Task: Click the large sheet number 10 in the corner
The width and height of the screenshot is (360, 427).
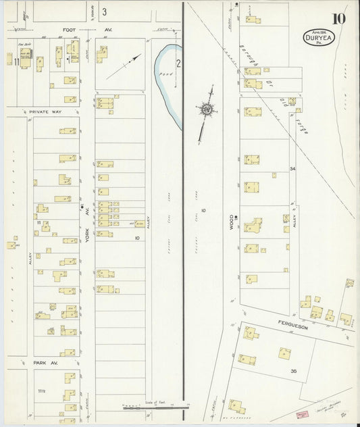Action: [338, 18]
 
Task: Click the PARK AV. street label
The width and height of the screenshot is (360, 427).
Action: [46, 363]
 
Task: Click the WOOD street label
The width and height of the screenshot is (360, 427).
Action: [230, 222]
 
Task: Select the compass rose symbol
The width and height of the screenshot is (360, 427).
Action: [207, 108]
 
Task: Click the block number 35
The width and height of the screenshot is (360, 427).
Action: [294, 372]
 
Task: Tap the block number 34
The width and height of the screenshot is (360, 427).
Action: [292, 168]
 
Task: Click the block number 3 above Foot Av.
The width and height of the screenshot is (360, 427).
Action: [104, 11]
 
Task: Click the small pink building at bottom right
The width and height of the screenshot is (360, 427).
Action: [300, 413]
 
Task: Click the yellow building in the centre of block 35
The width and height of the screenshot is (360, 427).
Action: [284, 352]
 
